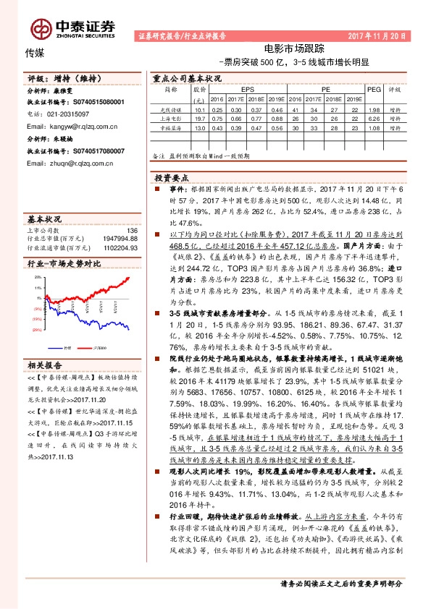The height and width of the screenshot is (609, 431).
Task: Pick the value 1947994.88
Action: (x=121, y=239)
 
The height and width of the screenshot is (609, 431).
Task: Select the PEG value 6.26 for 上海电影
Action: (x=373, y=118)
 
